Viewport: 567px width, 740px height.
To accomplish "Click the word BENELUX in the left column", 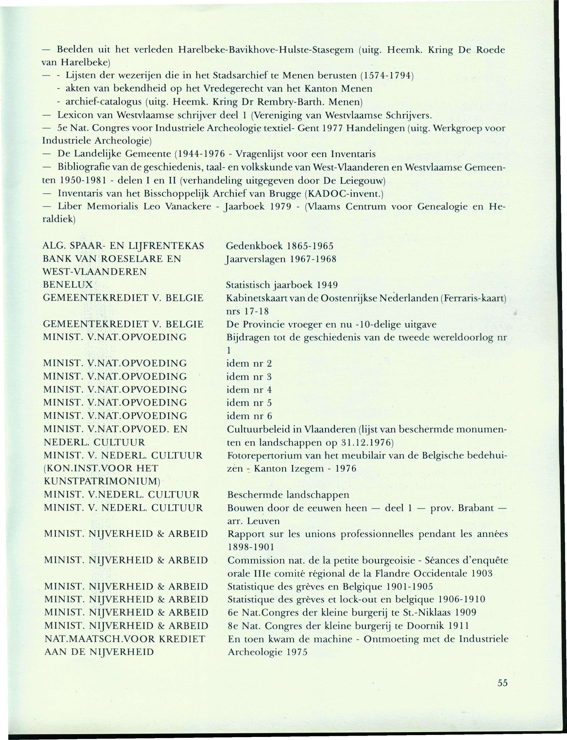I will click(68, 284).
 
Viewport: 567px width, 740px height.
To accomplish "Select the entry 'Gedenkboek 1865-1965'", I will click(279, 246).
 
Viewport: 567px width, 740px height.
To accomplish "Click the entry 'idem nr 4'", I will click(249, 390).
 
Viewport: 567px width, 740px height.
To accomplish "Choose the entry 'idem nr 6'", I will click(249, 416).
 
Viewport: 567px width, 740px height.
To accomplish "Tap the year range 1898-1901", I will click(251, 547).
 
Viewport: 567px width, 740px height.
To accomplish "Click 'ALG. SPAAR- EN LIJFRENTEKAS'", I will click(124, 246).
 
